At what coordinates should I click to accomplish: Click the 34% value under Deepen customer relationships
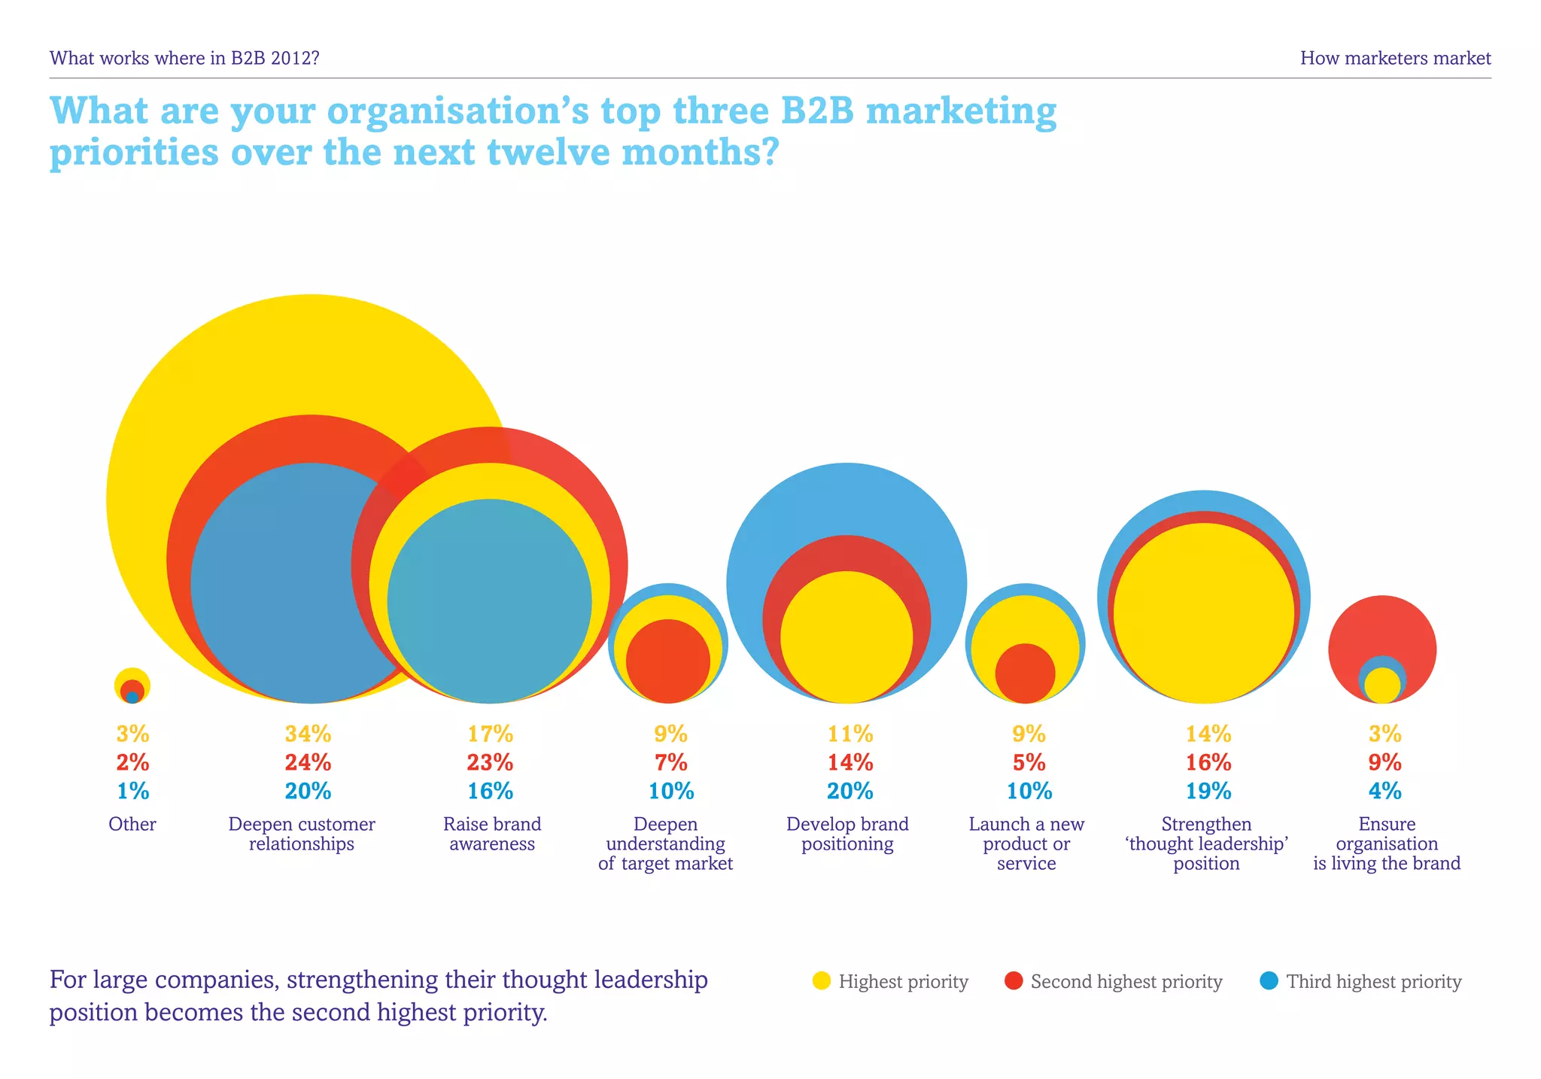[x=308, y=734]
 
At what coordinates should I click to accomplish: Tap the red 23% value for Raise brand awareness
[x=490, y=763]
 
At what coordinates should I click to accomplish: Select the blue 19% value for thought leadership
[x=1208, y=792]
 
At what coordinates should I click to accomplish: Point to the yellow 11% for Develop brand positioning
[x=850, y=734]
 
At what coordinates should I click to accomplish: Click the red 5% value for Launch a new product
[x=1029, y=763]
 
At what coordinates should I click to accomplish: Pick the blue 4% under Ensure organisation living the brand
[x=1385, y=792]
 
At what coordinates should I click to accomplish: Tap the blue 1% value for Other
[x=133, y=792]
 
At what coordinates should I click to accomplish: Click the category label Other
[x=132, y=825]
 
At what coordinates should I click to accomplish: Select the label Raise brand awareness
[x=492, y=834]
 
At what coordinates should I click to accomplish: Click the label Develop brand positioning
[x=847, y=834]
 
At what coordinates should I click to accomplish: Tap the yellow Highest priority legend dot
[x=822, y=981]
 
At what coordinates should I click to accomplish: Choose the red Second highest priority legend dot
[x=1014, y=981]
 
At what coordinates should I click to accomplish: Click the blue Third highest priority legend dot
[x=1269, y=981]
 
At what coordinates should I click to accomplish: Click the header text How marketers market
[x=1395, y=59]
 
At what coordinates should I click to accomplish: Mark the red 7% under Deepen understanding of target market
[x=670, y=763]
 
